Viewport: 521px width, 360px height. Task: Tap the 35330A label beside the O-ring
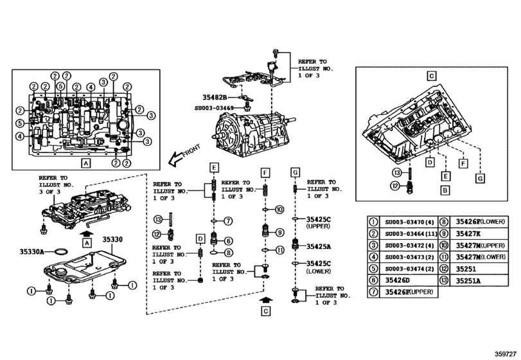31,252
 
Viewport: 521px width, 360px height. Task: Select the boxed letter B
443,190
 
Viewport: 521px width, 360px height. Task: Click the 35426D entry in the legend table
398,280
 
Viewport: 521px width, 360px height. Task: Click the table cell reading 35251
468,269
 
